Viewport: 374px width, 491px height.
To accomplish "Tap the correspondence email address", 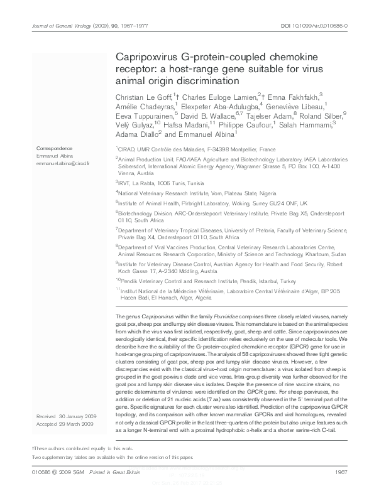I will (x=63, y=162).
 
